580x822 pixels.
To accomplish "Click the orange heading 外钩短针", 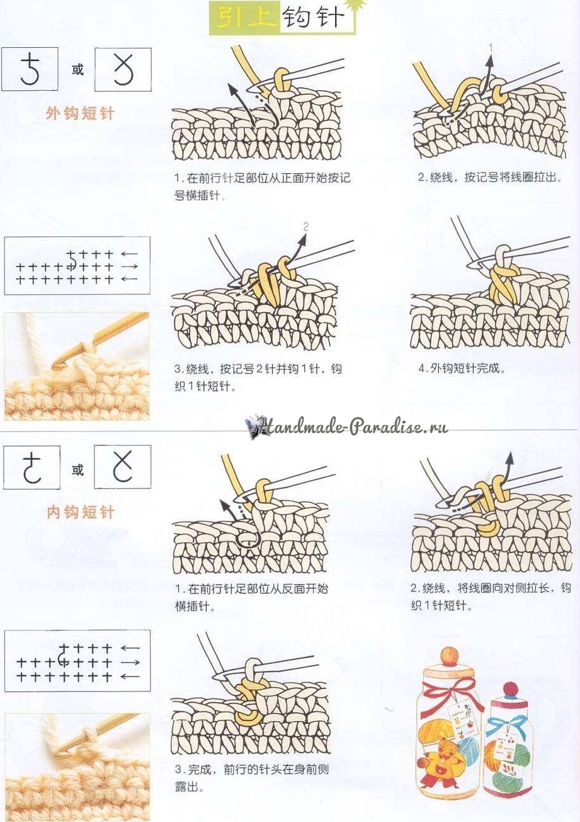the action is [80, 114].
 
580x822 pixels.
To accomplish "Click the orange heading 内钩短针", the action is [81, 512].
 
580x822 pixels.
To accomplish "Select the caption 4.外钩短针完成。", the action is [462, 368].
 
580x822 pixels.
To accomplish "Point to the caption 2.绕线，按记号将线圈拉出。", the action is [490, 177].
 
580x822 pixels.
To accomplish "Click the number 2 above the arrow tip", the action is [306, 227].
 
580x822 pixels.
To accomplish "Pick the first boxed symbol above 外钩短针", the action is [30, 69].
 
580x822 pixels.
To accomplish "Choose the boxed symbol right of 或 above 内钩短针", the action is [123, 466].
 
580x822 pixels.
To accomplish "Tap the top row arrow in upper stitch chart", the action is [128, 254].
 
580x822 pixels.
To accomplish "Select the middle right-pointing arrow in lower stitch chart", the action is [130, 663].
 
